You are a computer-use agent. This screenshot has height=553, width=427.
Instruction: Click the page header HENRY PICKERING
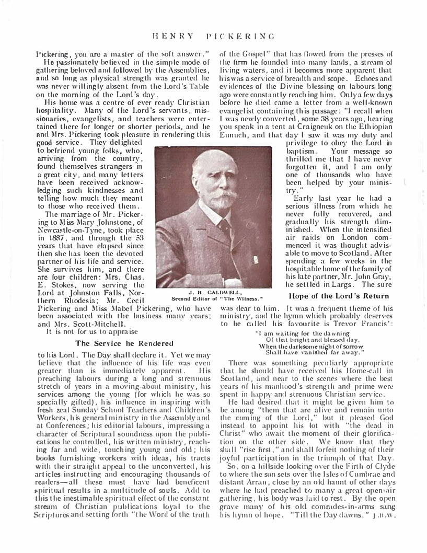click(213, 36)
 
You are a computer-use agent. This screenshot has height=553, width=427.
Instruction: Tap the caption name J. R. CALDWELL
click(211, 293)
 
